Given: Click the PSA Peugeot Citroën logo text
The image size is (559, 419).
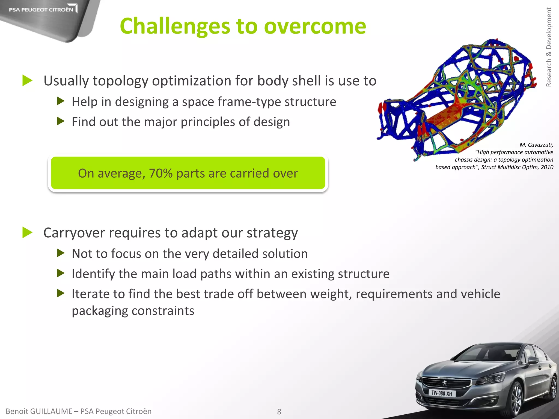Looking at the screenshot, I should coord(41,10).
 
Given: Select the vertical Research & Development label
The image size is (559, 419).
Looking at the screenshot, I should coord(549,47).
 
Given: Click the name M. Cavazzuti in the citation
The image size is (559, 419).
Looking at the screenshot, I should coord(536,145).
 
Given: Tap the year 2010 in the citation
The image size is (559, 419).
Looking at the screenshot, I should coord(547,167).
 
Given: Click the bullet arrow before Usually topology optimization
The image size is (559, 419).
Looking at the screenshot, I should coord(27,80).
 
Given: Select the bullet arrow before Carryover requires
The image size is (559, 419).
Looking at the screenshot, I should coord(27,232).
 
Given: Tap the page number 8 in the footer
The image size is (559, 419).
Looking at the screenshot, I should coord(279,412).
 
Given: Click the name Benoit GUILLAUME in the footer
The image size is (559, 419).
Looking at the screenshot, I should coord(39,411).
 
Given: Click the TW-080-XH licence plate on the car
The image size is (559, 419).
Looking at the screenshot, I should coord(442,393).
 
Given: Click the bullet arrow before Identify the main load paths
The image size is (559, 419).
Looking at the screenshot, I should coord(61,273).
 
